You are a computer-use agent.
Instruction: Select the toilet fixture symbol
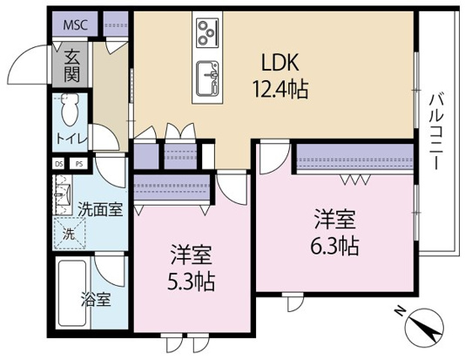click(71, 109)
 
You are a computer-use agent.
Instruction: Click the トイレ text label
click(71, 137)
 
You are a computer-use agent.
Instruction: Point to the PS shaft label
click(78, 163)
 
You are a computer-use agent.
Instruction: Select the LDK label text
click(280, 63)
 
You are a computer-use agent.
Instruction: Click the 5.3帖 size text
click(192, 282)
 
